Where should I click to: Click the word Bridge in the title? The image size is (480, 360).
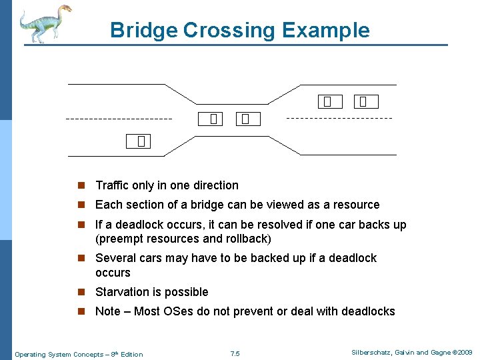click(x=143, y=30)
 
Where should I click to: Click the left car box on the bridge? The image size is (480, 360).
click(x=213, y=119)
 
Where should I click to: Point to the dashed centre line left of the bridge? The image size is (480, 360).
click(x=119, y=119)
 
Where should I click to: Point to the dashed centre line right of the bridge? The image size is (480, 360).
click(x=339, y=118)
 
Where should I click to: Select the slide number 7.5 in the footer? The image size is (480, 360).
click(x=234, y=353)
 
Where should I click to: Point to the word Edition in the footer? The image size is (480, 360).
click(x=130, y=354)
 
